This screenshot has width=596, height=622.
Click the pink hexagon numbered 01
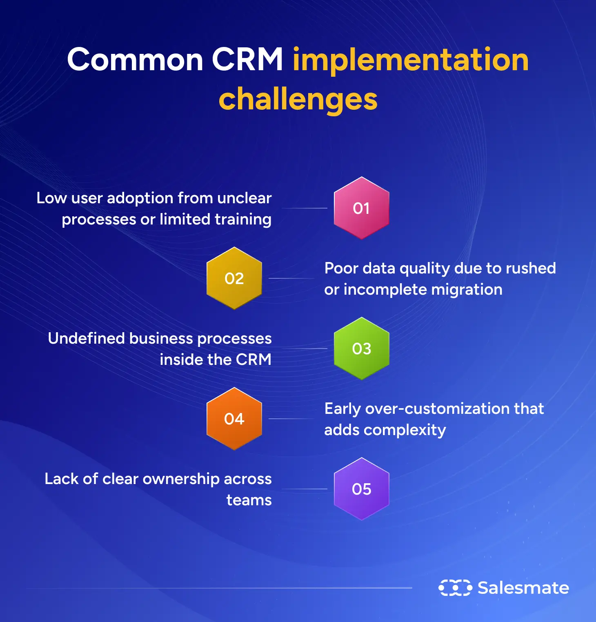(x=361, y=208)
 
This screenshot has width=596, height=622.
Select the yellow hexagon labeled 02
(x=234, y=278)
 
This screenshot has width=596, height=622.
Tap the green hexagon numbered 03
(x=361, y=349)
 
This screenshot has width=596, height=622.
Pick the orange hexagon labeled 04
(x=234, y=419)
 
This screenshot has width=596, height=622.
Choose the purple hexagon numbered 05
(x=361, y=489)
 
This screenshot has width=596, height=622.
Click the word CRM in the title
(x=247, y=60)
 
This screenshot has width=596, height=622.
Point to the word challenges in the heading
(x=298, y=99)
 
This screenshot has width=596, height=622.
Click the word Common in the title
(x=135, y=60)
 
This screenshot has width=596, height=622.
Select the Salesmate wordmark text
(x=523, y=588)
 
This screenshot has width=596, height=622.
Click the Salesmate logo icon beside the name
(x=455, y=588)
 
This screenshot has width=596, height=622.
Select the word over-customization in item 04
(x=437, y=409)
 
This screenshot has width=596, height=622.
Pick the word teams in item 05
(x=249, y=500)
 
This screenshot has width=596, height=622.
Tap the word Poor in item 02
(x=341, y=268)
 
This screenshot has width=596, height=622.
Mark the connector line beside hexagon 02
(x=291, y=278)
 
